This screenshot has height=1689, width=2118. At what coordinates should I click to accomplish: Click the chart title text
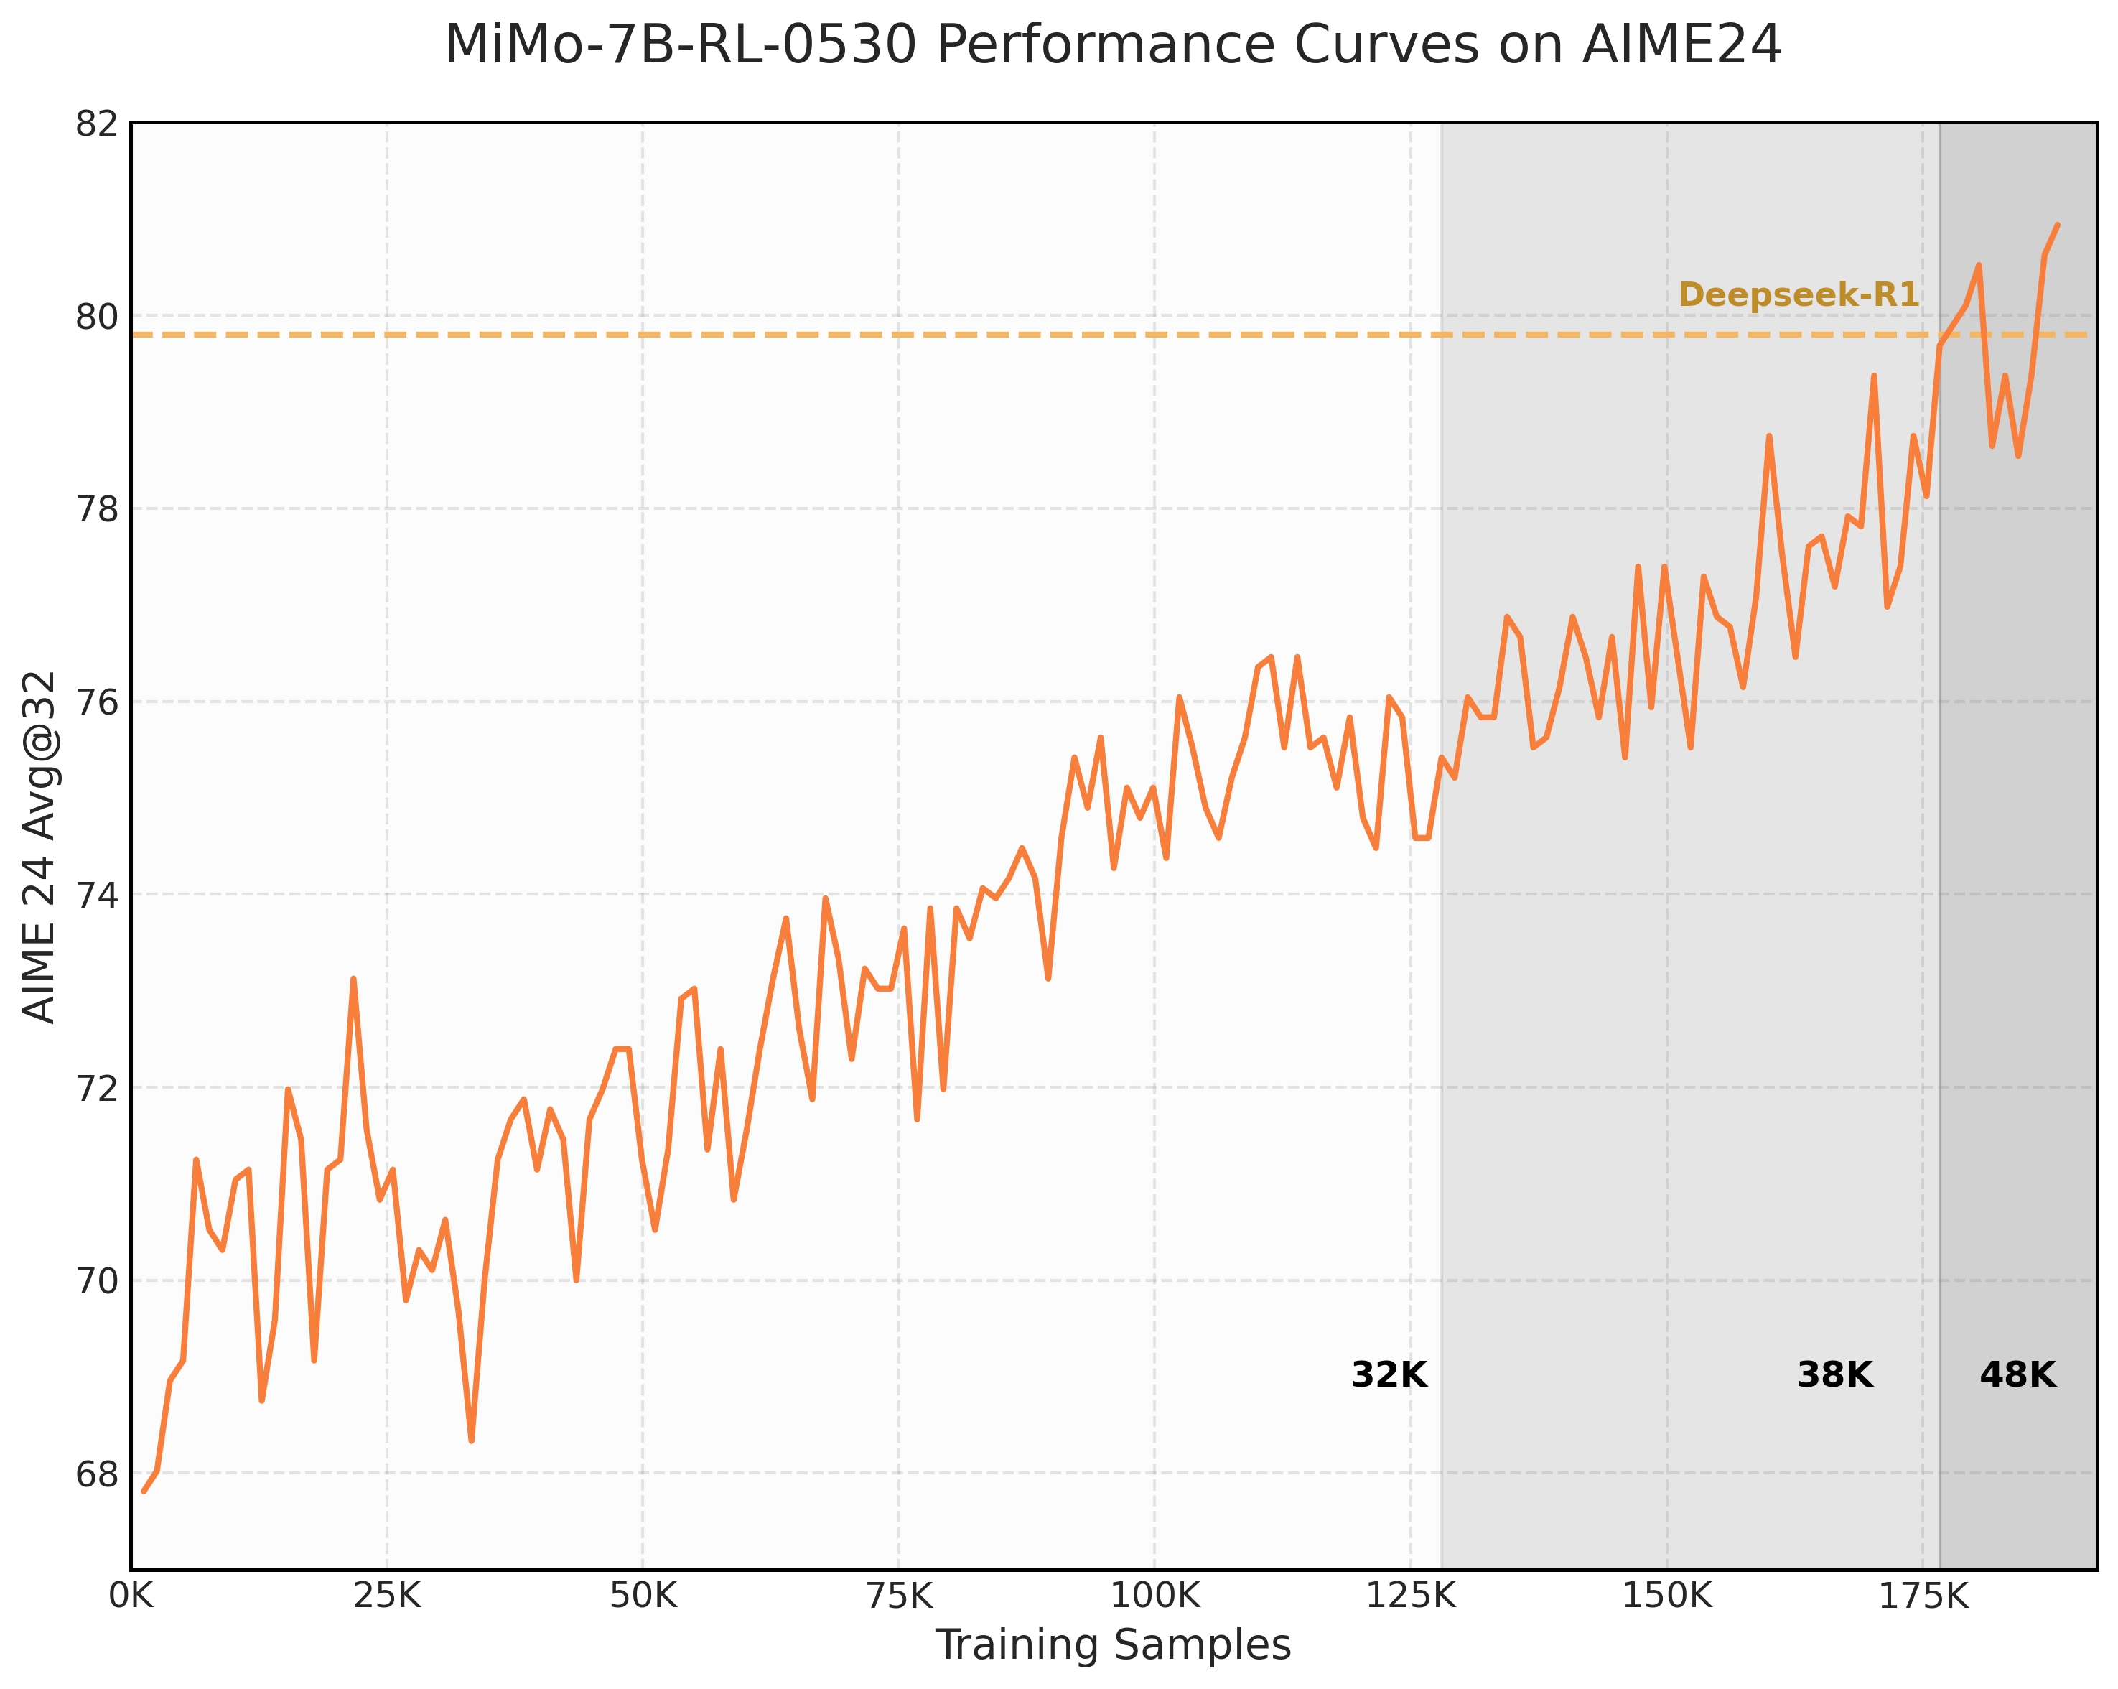1112,46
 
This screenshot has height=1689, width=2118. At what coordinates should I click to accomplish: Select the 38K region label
1834,1376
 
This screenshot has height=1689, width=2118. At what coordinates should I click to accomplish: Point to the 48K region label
2017,1376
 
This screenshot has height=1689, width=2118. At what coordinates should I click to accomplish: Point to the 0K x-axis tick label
131,1598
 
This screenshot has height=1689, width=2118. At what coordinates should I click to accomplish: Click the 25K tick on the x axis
386,1598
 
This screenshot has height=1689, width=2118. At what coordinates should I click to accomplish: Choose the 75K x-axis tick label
898,1598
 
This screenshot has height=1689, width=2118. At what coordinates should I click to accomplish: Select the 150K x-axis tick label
1666,1598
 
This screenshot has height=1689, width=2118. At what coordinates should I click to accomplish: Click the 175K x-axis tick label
1923,1598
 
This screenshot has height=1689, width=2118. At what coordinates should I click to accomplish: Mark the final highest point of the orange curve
2057,225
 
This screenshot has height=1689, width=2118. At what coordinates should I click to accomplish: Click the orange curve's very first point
144,1492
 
